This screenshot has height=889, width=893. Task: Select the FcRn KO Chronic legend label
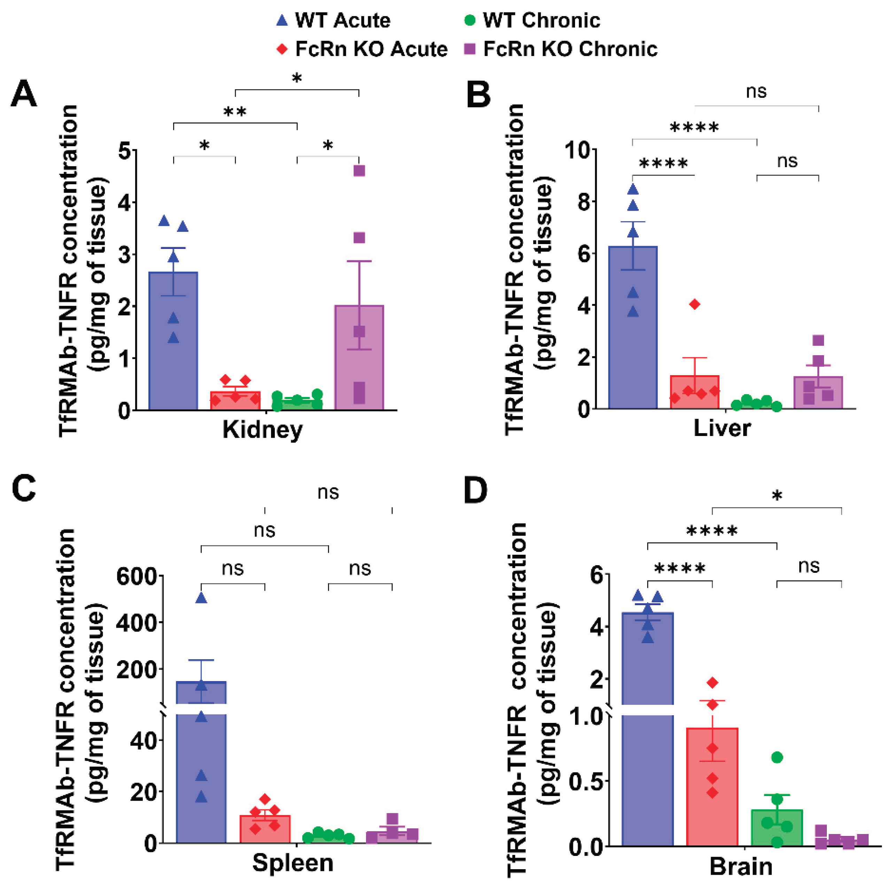click(570, 49)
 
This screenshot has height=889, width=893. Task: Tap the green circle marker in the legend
click(469, 20)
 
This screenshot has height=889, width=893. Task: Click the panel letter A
click(24, 94)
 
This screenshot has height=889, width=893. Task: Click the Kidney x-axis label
click(263, 430)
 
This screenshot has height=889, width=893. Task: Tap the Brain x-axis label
click(741, 866)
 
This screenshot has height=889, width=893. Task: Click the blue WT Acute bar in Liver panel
click(633, 333)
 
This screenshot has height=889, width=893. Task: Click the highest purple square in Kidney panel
click(359, 171)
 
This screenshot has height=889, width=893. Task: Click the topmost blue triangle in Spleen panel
click(201, 598)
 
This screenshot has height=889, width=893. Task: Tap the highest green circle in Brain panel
click(777, 757)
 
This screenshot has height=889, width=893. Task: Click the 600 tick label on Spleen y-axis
click(137, 577)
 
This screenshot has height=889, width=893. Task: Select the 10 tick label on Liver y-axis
click(578, 151)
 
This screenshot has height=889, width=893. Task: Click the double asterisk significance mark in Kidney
click(235, 112)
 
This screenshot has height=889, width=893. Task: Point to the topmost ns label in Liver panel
click(756, 92)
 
